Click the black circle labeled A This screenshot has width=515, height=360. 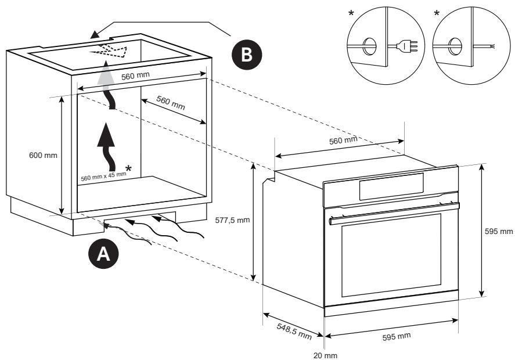[103, 254]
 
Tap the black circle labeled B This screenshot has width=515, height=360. [247, 54]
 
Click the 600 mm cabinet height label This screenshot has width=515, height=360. [43, 155]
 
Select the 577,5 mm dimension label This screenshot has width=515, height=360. [233, 220]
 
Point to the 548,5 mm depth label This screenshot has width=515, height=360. [294, 331]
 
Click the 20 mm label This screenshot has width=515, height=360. [325, 355]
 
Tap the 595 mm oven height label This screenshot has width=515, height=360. [499, 231]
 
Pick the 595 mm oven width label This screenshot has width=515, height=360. [397, 336]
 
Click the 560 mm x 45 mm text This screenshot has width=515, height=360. [103, 177]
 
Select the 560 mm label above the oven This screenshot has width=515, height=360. [343, 141]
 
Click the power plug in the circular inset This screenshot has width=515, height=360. [407, 46]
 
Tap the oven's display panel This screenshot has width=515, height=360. [391, 186]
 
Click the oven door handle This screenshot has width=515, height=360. [394, 214]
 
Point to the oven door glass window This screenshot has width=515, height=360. [391, 255]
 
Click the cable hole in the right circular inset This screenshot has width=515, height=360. [455, 46]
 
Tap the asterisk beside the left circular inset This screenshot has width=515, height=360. [351, 13]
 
